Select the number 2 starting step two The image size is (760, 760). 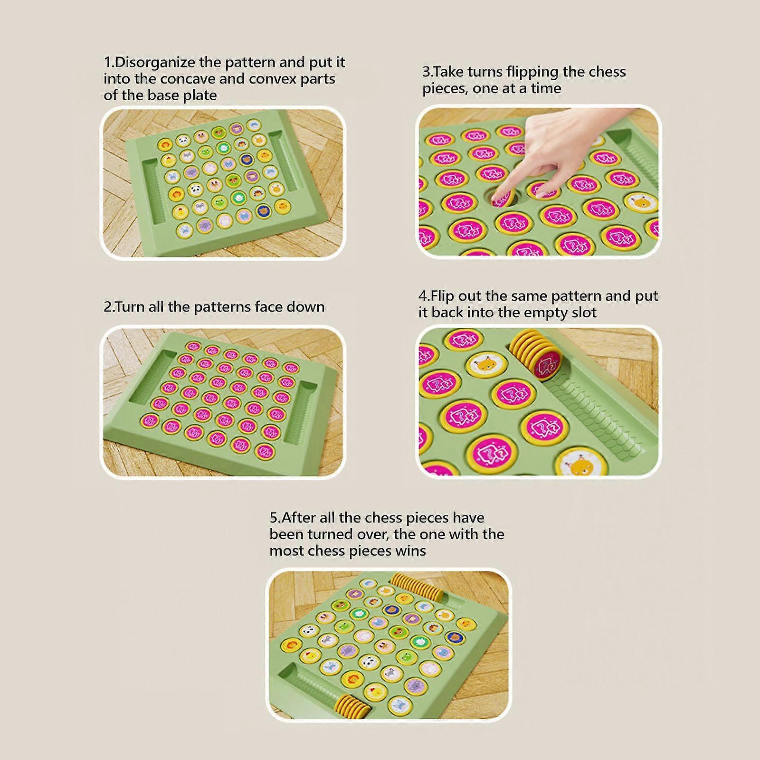point(107,307)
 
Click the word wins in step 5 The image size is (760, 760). point(411,551)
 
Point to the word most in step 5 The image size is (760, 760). point(286,551)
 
